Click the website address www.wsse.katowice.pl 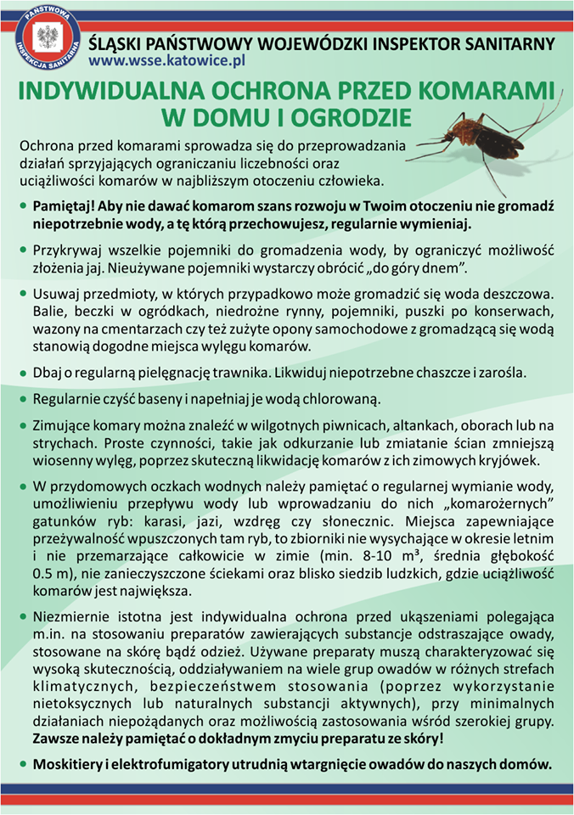click(166, 60)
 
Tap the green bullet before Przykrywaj click(23, 251)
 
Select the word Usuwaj click(54, 294)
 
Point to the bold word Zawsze click(55, 739)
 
